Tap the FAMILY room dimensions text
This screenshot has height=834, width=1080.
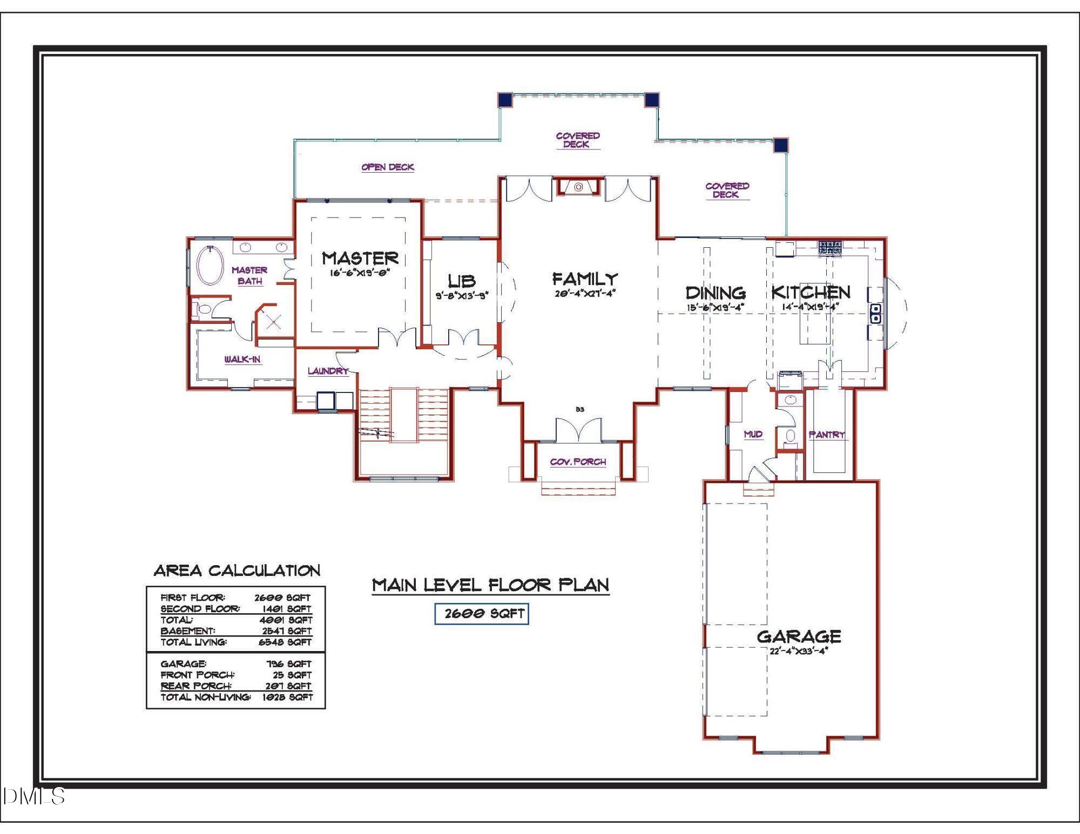coord(585,294)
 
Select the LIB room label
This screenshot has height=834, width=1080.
coord(462,281)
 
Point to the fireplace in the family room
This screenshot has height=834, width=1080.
coord(578,187)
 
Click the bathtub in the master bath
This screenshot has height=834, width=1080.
coord(210,266)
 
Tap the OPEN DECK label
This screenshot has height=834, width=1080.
coord(388,167)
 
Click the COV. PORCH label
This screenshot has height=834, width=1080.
coord(578,462)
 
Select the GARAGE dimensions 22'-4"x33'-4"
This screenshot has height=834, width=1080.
coord(799,650)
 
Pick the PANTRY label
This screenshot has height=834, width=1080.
coord(827,435)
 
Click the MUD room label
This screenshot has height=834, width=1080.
coord(753,434)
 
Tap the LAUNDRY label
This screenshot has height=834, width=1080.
coord(328,371)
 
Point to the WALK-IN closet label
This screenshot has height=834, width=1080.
coord(242,359)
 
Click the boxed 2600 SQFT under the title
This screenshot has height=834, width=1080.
coord(482,614)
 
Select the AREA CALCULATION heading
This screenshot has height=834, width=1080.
coord(237,571)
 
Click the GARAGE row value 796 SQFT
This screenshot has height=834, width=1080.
coord(288,664)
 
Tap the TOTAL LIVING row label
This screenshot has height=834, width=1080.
coord(194,642)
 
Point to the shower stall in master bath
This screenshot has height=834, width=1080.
coord(274,322)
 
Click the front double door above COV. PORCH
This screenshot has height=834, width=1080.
coord(578,430)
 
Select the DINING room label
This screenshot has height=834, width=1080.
coord(715,293)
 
